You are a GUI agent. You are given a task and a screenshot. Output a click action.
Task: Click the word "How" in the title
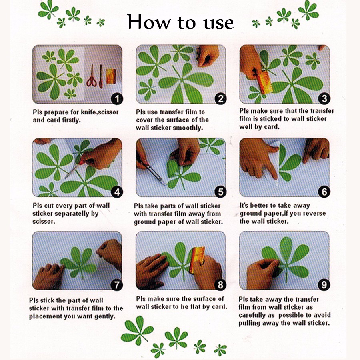click(x=149, y=22)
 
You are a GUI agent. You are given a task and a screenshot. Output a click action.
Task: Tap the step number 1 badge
click(x=117, y=99)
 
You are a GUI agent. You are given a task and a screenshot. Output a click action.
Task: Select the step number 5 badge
click(x=220, y=192)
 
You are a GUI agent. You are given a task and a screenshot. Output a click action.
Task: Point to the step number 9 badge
click(x=324, y=285)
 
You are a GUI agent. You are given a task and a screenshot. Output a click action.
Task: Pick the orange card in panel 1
click(x=111, y=76)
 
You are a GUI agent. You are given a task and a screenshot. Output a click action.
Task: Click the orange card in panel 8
click(x=197, y=260)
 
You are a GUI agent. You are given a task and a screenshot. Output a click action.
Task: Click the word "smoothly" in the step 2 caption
click(x=188, y=128)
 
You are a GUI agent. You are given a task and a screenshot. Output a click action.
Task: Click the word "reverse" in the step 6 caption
click(x=314, y=213)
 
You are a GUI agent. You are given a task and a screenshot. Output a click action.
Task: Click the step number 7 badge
click(x=117, y=285)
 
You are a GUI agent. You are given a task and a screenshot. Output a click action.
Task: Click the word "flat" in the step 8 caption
click(x=196, y=307)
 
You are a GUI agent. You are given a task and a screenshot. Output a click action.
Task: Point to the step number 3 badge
click(x=324, y=99)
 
